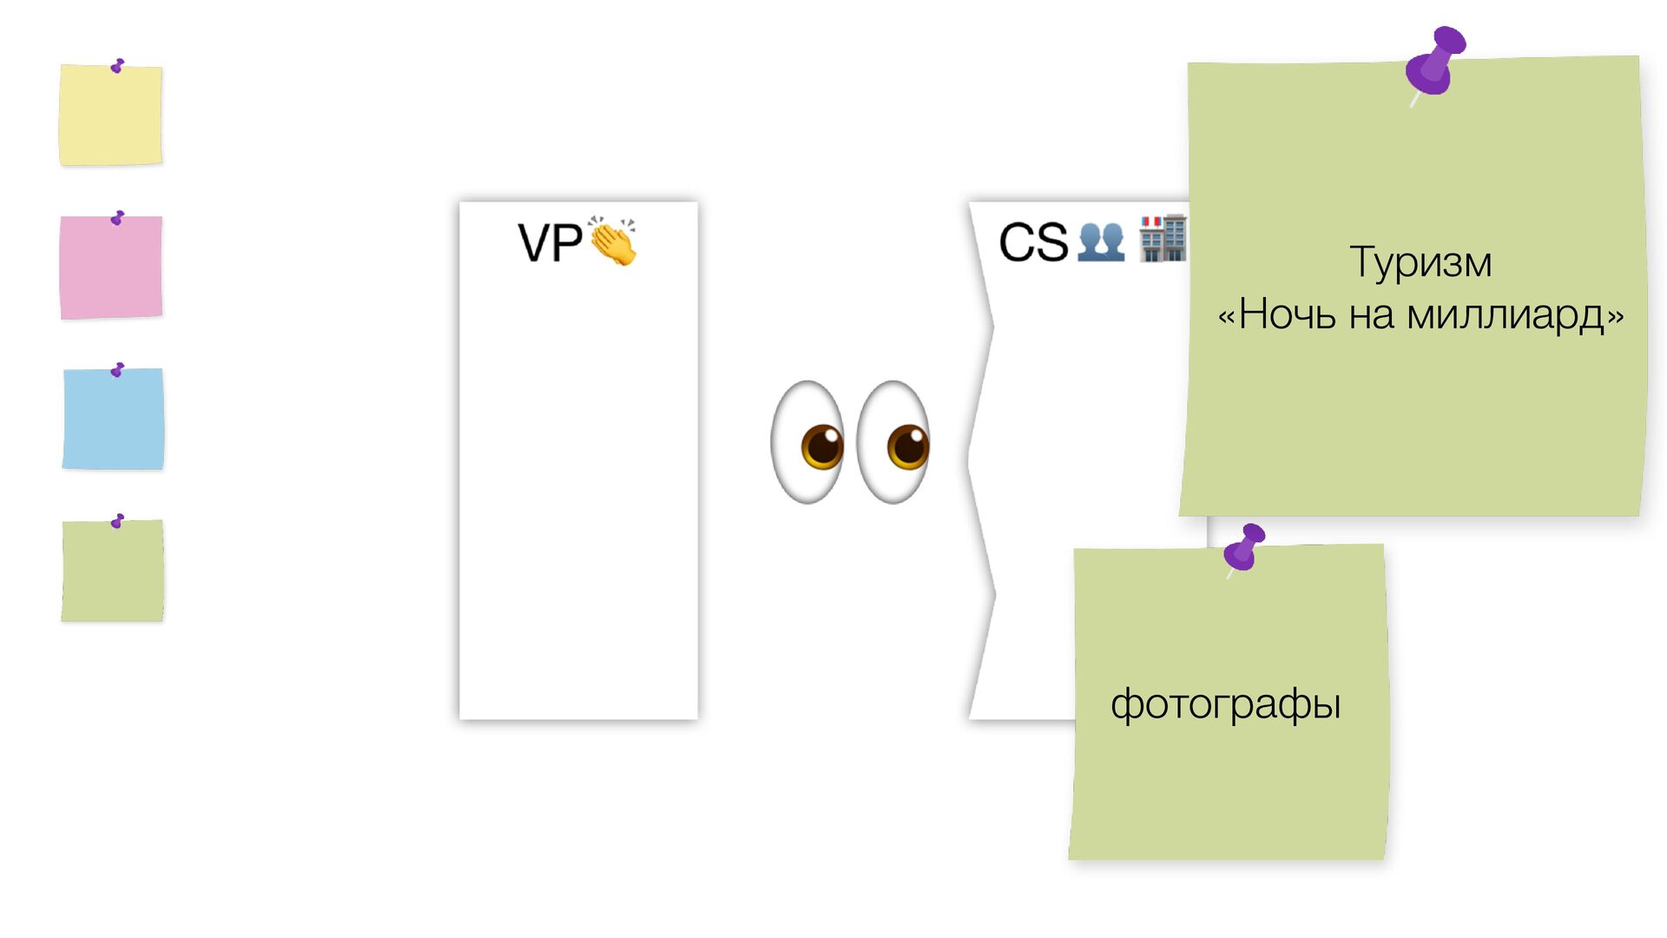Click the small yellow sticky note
point(110,115)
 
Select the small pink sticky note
point(110,268)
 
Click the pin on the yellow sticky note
point(117,66)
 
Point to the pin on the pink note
point(117,218)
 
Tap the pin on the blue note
point(117,370)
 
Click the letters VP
point(550,243)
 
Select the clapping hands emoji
point(613,241)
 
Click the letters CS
point(1033,242)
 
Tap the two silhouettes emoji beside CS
point(1101,242)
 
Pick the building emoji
point(1163,239)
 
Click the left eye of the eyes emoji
point(808,442)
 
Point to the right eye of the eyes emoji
point(894,442)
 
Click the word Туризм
point(1420,262)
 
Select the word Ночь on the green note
point(1288,314)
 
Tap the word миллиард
point(1506,314)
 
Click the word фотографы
point(1225,703)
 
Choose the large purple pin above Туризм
point(1436,61)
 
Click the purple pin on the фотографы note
point(1245,547)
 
